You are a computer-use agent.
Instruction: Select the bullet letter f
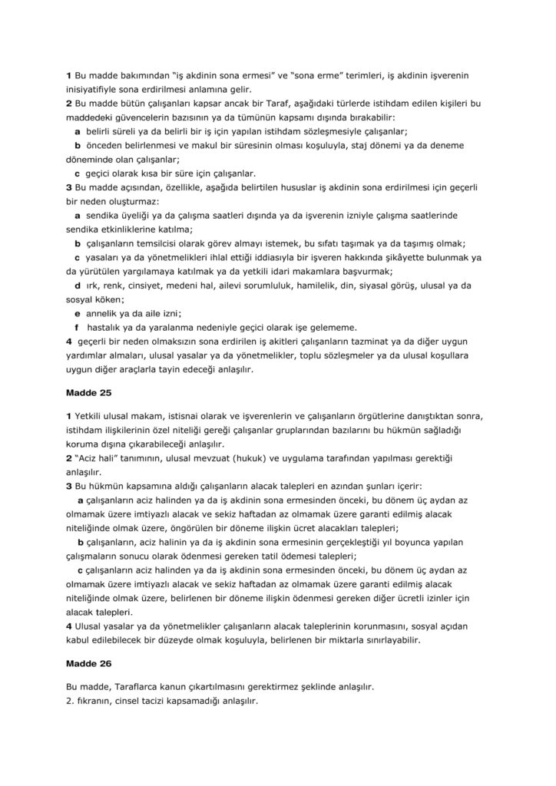[x=77, y=327]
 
